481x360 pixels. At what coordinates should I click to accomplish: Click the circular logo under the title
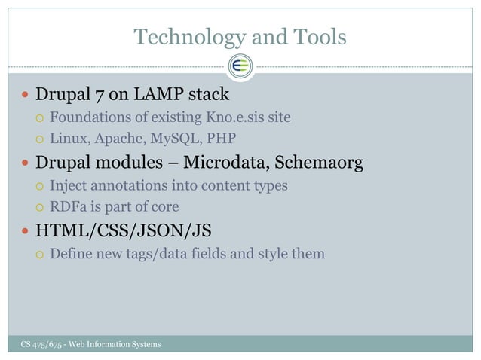[x=240, y=66]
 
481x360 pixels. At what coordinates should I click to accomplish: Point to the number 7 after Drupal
[x=100, y=96]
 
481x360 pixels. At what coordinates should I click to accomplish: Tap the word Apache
[x=112, y=139]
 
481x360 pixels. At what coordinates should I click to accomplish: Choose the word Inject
[x=67, y=185]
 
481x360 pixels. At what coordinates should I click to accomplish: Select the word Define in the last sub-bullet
[x=70, y=253]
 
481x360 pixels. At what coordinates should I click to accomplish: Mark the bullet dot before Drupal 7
[x=25, y=96]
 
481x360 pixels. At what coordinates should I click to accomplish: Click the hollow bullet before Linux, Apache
[x=40, y=139]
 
